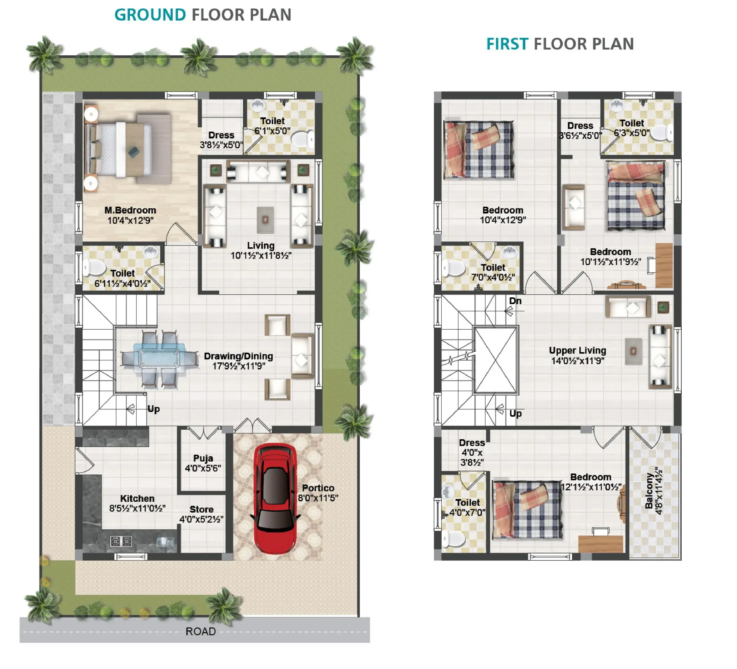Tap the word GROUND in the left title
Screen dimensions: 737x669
[150, 15]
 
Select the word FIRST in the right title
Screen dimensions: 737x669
[507, 44]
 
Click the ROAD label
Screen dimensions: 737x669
[201, 631]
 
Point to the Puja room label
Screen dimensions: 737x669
[203, 458]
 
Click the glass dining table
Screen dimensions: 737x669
[159, 358]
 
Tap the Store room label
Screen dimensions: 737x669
[201, 509]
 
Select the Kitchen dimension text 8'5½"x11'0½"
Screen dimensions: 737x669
[137, 508]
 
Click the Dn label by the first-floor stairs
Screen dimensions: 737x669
[515, 301]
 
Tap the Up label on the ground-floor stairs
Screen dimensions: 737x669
[154, 409]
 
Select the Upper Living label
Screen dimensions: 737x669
[578, 350]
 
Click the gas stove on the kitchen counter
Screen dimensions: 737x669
[121, 541]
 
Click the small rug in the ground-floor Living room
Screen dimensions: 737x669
[265, 220]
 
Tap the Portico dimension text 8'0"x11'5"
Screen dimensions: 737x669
[318, 498]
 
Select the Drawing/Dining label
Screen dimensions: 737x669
[238, 356]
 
